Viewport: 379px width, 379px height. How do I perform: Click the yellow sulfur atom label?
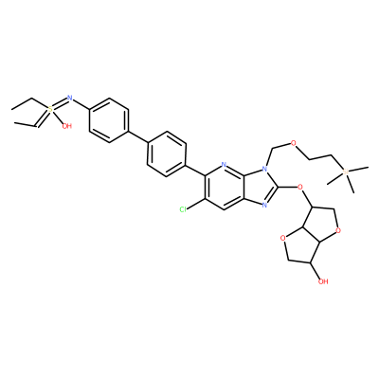(50, 109)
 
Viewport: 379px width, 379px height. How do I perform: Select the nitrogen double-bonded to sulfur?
(70, 98)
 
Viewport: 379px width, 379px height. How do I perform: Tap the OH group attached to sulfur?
(67, 126)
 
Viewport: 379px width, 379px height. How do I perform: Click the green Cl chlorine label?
(183, 209)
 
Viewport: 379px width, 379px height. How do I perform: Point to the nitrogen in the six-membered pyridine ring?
(224, 165)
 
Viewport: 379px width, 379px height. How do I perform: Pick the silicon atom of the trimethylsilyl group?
(346, 172)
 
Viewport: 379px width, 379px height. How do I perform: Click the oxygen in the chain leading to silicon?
(294, 143)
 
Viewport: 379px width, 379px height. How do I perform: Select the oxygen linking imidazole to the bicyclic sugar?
(300, 188)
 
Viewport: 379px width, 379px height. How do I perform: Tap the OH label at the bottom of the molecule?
(323, 281)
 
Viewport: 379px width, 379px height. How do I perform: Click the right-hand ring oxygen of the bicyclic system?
(338, 230)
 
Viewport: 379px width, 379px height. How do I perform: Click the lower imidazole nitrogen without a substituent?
(264, 206)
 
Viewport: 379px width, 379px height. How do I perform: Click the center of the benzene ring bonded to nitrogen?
(109, 120)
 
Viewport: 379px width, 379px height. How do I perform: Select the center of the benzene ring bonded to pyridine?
(167, 153)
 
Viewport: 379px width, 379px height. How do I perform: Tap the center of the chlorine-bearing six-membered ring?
(225, 188)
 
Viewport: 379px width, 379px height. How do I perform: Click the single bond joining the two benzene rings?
(138, 137)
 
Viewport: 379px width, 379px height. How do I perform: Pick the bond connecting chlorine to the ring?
(196, 205)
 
